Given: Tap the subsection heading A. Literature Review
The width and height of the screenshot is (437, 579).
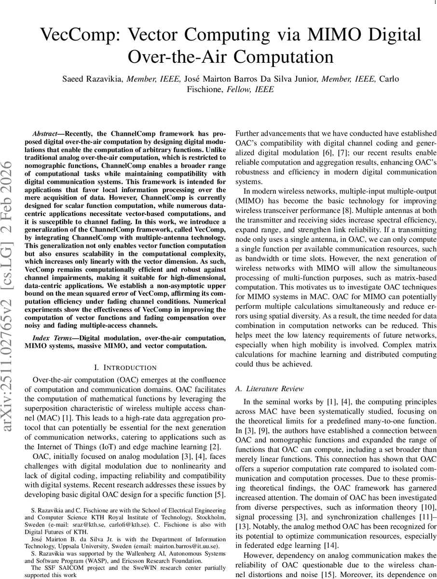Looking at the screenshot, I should coord(270,388).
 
